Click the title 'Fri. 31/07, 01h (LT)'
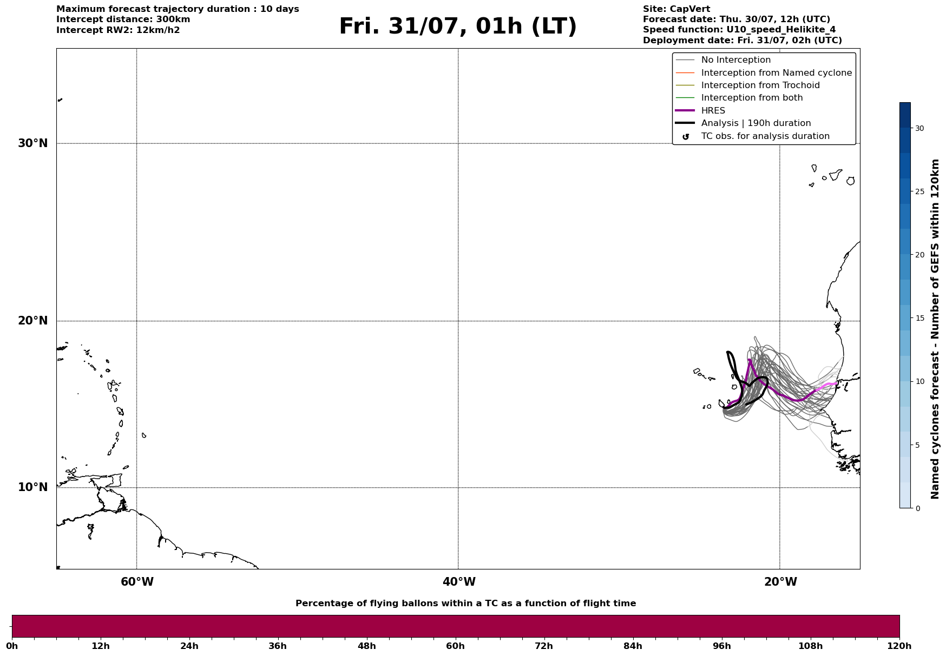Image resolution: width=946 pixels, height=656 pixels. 458,26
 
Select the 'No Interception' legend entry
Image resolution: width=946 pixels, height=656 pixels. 736,60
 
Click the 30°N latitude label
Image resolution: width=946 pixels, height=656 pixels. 32,143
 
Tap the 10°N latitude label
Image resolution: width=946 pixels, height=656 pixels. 32,487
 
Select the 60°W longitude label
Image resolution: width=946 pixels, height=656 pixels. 137,582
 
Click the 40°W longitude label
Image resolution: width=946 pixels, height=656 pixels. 459,582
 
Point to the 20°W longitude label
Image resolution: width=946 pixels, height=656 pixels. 780,582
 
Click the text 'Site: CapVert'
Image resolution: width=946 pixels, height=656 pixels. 676,9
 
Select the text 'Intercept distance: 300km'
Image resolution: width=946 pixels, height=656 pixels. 123,19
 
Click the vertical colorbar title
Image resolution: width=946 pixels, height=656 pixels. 935,329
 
